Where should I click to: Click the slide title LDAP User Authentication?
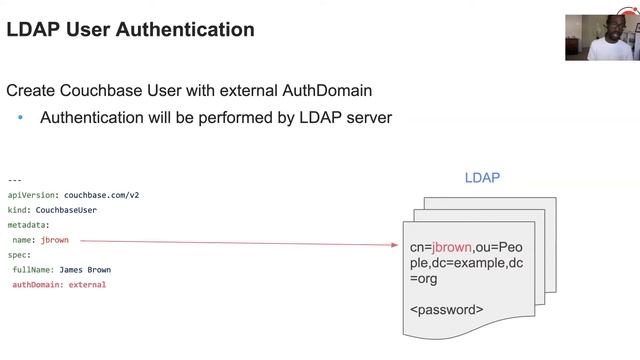click(x=130, y=29)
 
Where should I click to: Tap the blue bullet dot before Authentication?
click(x=20, y=118)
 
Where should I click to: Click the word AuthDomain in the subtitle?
click(x=327, y=90)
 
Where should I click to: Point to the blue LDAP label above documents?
click(x=482, y=178)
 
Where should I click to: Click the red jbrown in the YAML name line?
click(x=57, y=240)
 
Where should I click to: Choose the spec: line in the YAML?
click(x=19, y=255)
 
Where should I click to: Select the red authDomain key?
click(x=37, y=285)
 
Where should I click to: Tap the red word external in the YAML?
click(x=87, y=285)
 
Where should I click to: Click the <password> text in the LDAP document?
click(x=446, y=310)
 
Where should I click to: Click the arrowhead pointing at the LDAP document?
click(x=396, y=244)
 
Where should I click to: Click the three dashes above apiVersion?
click(x=14, y=180)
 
